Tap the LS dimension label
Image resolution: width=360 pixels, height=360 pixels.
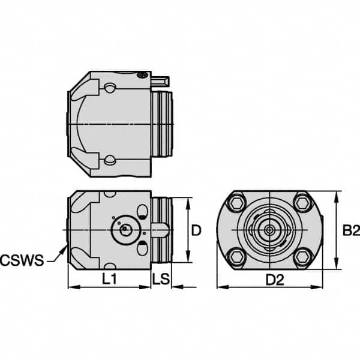pos(161,278)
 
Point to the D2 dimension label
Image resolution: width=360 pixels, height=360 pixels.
pos(274,278)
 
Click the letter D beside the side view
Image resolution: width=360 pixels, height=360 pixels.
pos(195,230)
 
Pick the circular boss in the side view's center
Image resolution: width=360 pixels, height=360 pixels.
pos(123,229)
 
